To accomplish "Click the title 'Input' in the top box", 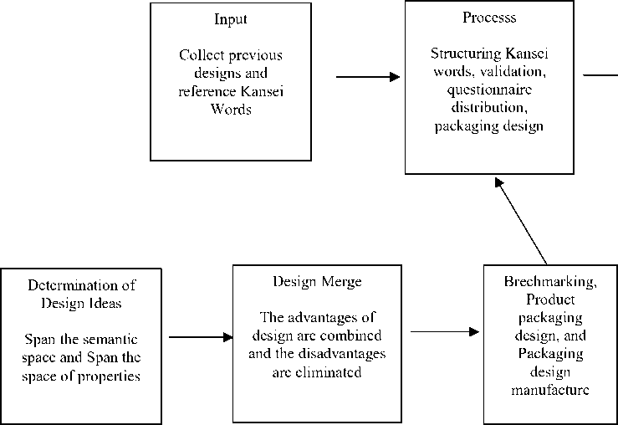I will [x=231, y=18].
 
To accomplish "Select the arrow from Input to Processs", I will [x=368, y=78].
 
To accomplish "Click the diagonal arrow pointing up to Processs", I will [x=523, y=219].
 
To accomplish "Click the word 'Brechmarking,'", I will [x=550, y=282].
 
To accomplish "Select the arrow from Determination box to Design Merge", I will [x=201, y=337].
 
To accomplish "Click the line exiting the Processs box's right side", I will [x=599, y=75].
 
